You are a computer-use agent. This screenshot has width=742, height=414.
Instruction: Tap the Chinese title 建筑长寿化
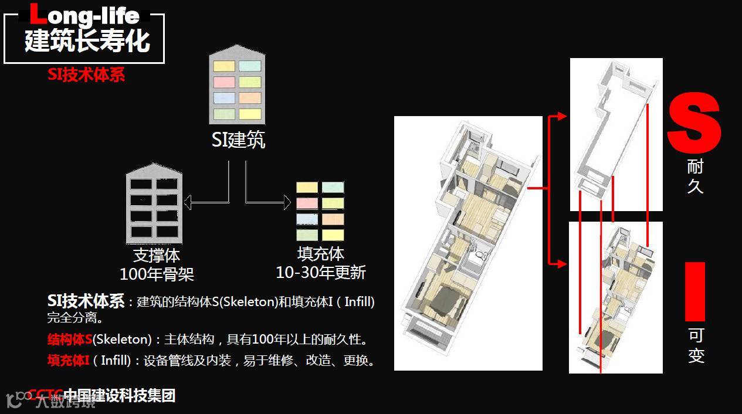tap(87, 40)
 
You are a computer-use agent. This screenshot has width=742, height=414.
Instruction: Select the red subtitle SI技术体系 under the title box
tap(86, 75)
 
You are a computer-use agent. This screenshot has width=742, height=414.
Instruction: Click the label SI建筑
tap(238, 140)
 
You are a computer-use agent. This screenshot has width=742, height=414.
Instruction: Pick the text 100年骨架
tap(157, 274)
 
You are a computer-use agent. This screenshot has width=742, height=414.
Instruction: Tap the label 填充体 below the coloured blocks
tap(320, 254)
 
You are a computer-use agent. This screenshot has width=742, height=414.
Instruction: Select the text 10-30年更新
tap(321, 272)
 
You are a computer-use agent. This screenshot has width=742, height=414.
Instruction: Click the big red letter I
tap(695, 291)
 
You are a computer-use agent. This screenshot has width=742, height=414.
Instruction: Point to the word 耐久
tap(695, 177)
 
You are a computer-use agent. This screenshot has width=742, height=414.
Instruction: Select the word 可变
tap(696, 345)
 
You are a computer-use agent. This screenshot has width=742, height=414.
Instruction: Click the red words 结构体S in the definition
tap(70, 340)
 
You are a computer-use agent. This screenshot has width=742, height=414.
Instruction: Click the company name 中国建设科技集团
tap(119, 396)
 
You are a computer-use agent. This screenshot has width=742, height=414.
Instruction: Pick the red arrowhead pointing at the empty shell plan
tap(563, 117)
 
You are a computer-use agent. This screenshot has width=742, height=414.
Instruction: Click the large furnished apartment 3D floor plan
tap(468, 243)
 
